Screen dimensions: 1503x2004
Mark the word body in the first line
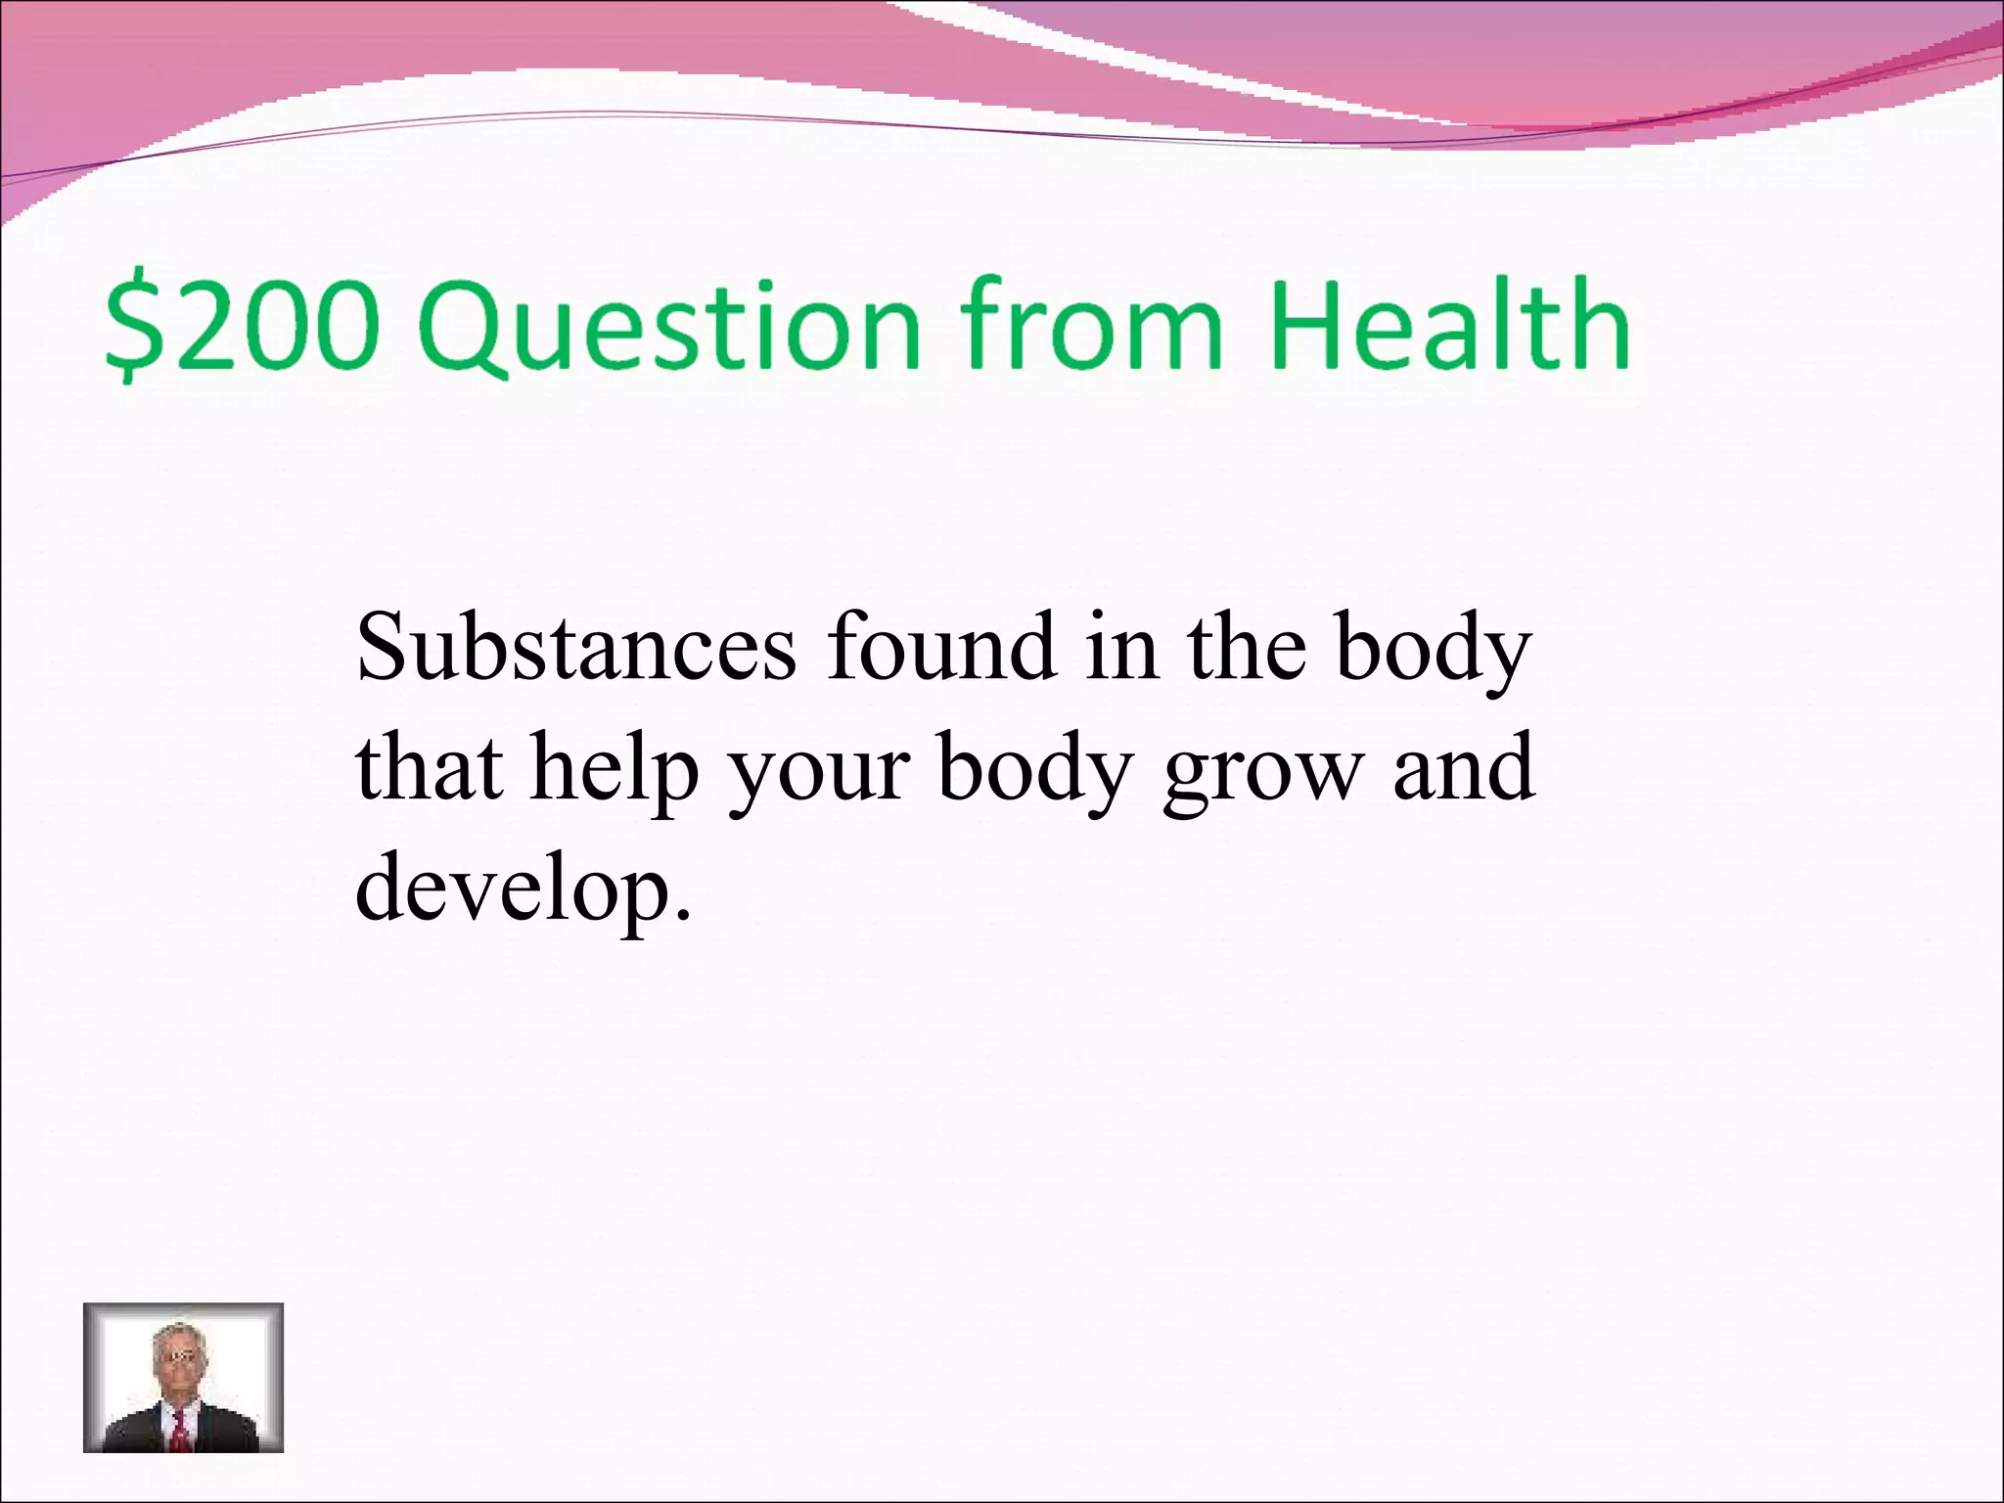point(1435,651)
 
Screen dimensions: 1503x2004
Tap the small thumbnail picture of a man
point(183,1378)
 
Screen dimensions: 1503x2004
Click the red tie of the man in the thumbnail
point(181,1431)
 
